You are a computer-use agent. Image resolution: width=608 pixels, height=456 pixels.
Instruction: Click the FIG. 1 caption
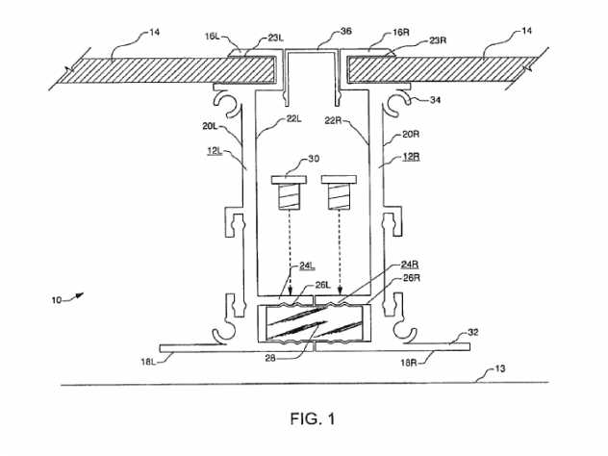(x=313, y=418)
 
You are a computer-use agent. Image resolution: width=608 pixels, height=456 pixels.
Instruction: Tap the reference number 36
(x=346, y=31)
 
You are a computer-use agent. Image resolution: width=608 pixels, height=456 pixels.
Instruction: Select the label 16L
(x=213, y=37)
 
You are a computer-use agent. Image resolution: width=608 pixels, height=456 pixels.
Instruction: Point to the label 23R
(x=438, y=40)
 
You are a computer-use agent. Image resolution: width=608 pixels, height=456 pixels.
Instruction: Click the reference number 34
(x=436, y=100)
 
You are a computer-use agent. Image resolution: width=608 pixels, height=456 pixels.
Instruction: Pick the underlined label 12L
(x=215, y=151)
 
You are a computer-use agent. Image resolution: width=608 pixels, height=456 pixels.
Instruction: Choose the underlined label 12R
(x=412, y=157)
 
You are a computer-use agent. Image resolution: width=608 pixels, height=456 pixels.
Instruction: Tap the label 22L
(x=294, y=119)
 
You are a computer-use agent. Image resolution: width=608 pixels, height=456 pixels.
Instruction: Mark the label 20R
(x=411, y=135)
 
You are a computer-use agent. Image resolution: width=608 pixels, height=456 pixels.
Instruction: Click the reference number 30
(x=314, y=159)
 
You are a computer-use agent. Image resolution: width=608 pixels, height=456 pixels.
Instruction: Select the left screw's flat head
(x=290, y=180)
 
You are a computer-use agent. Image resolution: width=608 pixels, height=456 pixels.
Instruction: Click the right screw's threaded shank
(x=339, y=196)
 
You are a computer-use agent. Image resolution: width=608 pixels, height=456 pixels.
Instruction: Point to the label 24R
(x=410, y=265)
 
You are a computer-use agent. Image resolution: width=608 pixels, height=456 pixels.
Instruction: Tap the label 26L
(x=322, y=285)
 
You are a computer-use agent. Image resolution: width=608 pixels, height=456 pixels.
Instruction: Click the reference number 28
(x=270, y=358)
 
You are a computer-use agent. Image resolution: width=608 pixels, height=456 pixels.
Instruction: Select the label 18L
(x=148, y=362)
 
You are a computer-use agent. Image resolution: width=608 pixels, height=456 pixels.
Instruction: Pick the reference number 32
(x=473, y=332)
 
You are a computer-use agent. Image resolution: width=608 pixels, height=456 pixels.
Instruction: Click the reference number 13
(x=500, y=368)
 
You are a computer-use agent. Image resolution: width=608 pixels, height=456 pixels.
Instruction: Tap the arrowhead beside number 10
(x=79, y=295)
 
